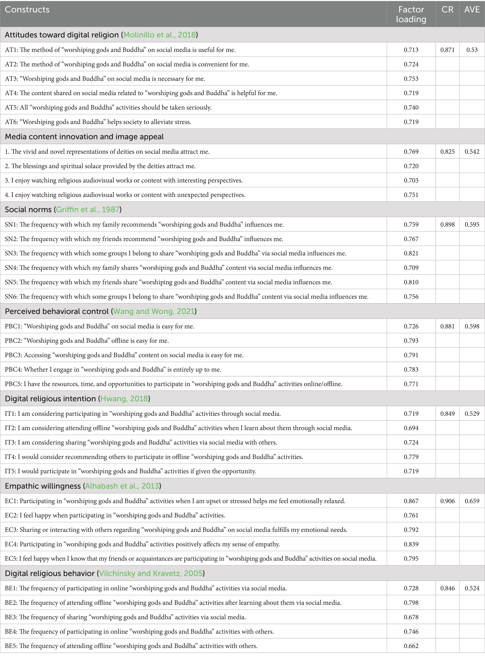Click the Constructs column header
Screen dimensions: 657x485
coord(27,10)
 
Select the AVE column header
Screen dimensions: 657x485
coord(472,10)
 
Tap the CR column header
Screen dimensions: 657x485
coord(447,10)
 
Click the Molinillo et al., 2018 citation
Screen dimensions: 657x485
coord(159,35)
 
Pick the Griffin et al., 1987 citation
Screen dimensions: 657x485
coord(88,209)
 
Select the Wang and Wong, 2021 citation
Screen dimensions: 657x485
coord(154,311)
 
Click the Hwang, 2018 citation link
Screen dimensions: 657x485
coord(124,398)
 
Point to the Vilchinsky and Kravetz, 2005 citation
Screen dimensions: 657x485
coord(151,573)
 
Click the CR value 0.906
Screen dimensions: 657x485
coord(447,501)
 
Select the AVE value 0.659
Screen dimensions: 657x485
coord(472,501)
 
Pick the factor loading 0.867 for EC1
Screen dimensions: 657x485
coord(411,501)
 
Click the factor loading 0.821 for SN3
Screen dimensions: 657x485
coord(411,253)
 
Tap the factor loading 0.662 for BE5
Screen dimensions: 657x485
coord(411,646)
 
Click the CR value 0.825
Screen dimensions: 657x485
coord(447,152)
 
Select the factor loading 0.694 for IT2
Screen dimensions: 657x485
coord(411,428)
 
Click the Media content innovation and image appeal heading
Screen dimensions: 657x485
coord(84,137)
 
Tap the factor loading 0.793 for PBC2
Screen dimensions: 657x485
coord(411,340)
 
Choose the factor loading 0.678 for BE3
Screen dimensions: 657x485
coord(411,617)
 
